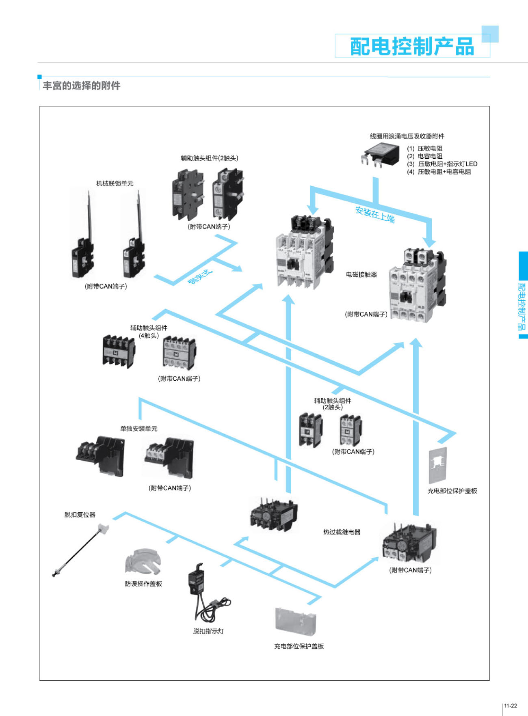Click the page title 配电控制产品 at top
[x=412, y=46]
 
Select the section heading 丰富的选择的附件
[x=81, y=86]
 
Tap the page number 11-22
[x=510, y=706]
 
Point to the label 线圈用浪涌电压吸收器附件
[x=407, y=136]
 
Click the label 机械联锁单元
[x=115, y=183]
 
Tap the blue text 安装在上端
[x=375, y=215]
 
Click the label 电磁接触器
[x=361, y=275]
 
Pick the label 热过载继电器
[x=342, y=532]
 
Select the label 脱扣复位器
[x=80, y=515]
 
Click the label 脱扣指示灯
[x=208, y=631]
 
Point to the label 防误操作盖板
[x=143, y=584]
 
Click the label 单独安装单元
[x=138, y=429]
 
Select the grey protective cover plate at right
[x=438, y=465]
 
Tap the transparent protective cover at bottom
[x=295, y=621]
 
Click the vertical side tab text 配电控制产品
[x=522, y=306]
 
